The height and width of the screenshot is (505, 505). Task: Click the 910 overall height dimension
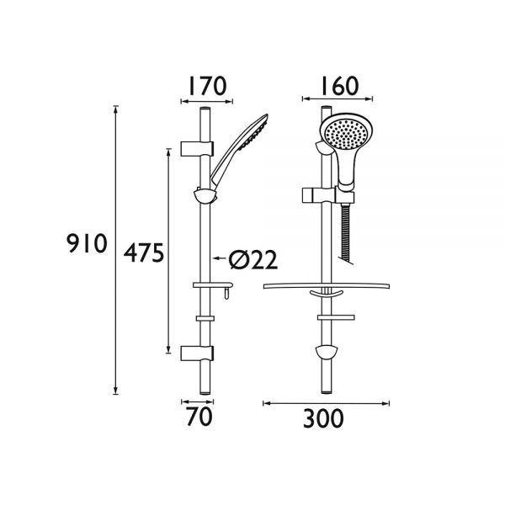point(88,245)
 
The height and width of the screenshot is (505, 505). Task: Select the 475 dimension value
point(143,253)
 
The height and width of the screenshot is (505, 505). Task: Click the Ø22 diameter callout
point(251,261)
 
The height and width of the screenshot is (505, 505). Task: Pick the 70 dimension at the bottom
point(201,416)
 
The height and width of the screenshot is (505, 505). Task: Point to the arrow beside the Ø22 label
point(219,260)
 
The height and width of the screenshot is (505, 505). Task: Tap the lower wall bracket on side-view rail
point(192,352)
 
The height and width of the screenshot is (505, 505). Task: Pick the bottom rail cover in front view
point(326,353)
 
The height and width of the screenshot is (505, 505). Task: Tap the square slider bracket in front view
point(313,196)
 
